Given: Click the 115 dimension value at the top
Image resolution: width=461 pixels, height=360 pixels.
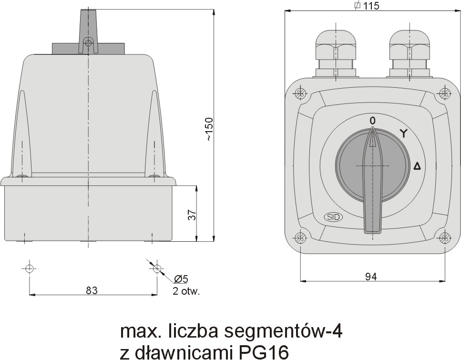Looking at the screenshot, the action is pyautogui.click(x=371, y=6).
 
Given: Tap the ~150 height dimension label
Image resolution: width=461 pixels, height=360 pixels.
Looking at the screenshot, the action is pyautogui.click(x=209, y=129).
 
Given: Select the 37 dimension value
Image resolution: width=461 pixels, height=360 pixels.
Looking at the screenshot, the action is pyautogui.click(x=192, y=215).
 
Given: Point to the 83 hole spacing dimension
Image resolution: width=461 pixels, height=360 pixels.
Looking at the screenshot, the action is pyautogui.click(x=92, y=290).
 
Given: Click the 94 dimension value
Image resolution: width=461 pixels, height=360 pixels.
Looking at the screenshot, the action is pyautogui.click(x=371, y=277).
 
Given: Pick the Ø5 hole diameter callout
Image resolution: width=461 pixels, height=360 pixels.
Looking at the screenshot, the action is pyautogui.click(x=181, y=278).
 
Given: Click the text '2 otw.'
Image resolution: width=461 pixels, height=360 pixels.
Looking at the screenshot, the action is pyautogui.click(x=186, y=291).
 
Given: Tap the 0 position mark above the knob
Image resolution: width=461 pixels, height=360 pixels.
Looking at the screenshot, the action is pyautogui.click(x=372, y=121).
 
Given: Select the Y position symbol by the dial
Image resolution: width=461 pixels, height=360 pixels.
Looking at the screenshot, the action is pyautogui.click(x=404, y=133).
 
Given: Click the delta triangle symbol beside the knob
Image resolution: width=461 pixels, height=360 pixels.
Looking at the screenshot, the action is pyautogui.click(x=417, y=166).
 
